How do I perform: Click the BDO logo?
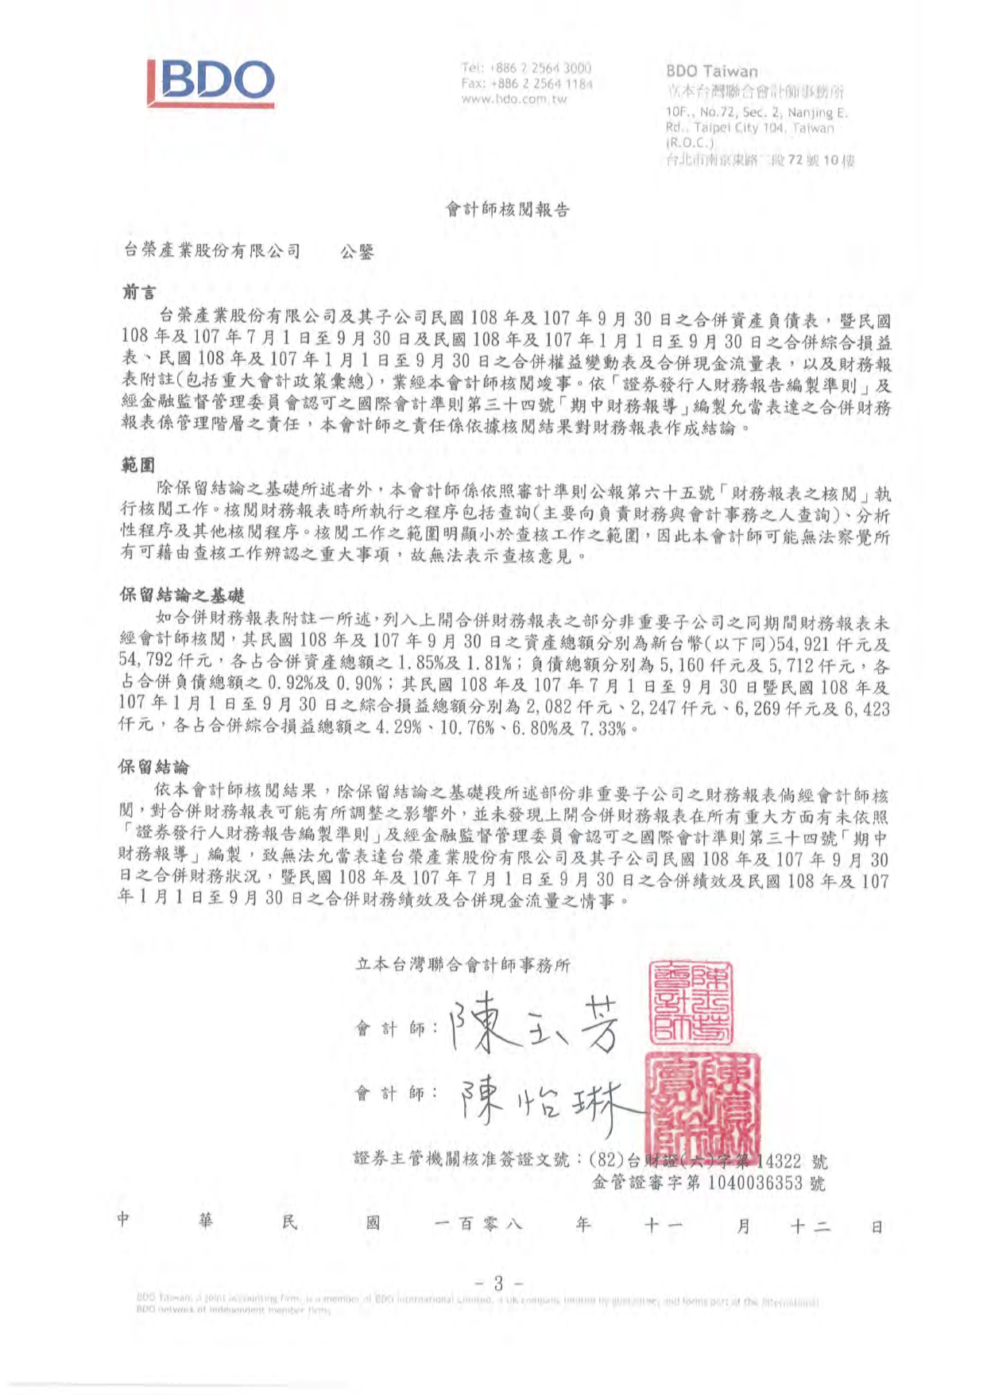pos(211,82)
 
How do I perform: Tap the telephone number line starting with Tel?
pos(525,68)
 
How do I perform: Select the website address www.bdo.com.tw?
pos(513,99)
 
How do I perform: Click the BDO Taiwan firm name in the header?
pos(711,71)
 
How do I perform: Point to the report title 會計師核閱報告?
pos(507,210)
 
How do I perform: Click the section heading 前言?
pos(138,293)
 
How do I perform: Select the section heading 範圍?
pos(138,464)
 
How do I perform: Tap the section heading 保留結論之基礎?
pos(182,595)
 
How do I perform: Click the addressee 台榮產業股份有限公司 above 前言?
pos(212,251)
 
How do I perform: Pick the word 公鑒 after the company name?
pos(357,252)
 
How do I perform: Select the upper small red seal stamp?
pos(691,1002)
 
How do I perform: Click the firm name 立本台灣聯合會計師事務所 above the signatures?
pos(463,965)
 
